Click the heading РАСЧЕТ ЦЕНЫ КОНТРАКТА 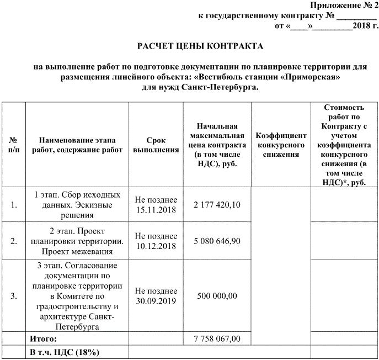pyautogui.click(x=200, y=45)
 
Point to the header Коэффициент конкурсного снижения pyautogui.click(x=281, y=145)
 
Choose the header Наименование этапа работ pyautogui.click(x=77, y=145)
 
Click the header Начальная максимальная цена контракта pyautogui.click(x=217, y=145)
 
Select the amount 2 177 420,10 pyautogui.click(x=217, y=205)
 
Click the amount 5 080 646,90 pyautogui.click(x=217, y=241)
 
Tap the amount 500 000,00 pyautogui.click(x=217, y=296)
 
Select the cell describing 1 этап pyautogui.click(x=77, y=205)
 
